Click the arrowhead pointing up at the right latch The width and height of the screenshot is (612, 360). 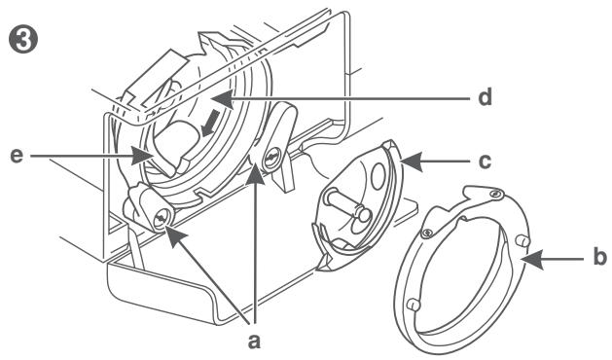tap(257, 168)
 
